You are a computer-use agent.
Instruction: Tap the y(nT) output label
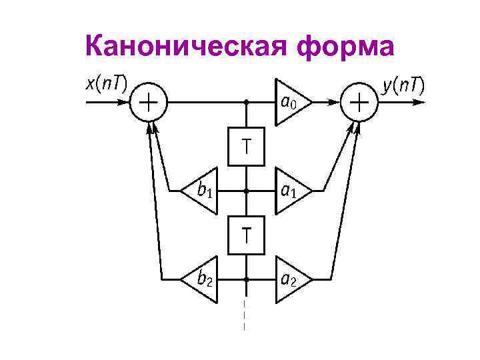(404, 85)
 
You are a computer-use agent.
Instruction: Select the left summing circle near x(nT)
(148, 103)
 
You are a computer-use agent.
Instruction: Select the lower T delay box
(247, 235)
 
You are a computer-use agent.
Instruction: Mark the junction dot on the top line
(247, 103)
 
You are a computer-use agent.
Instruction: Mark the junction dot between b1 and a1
(247, 191)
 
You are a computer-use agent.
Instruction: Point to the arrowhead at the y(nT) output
(419, 103)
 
